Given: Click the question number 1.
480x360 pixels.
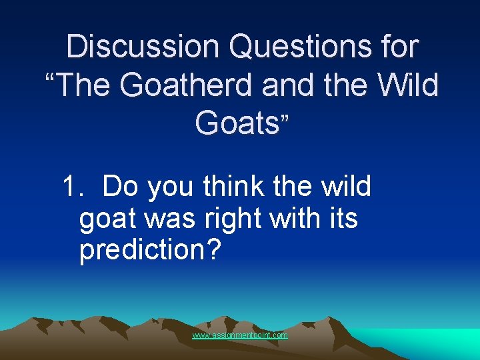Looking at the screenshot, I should tap(71, 187).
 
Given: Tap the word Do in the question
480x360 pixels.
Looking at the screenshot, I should tap(121, 187).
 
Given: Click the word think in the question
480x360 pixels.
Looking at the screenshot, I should tap(235, 187).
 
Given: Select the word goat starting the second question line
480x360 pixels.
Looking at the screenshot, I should tap(105, 219).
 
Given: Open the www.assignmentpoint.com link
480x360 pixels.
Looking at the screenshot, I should tap(240, 335).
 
